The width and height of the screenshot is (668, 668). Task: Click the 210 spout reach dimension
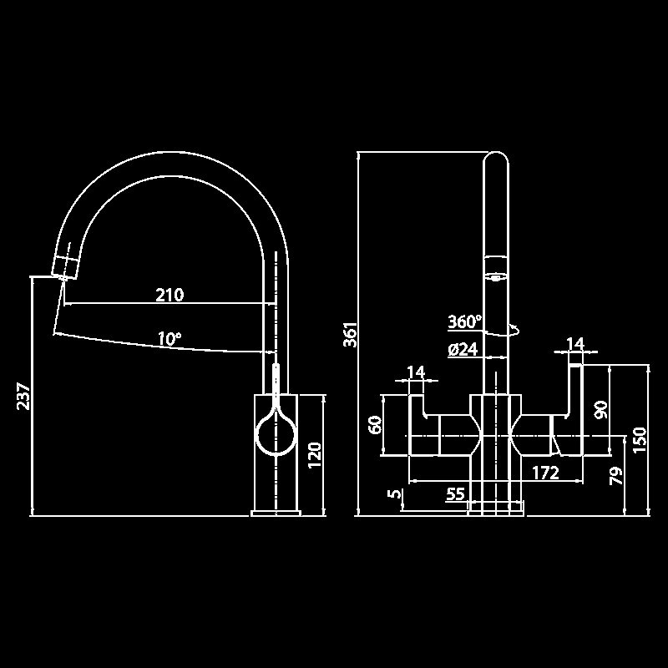pyautogui.click(x=170, y=294)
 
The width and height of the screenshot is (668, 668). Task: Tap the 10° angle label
pyautogui.click(x=170, y=339)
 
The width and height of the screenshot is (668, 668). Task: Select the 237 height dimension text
pyautogui.click(x=23, y=397)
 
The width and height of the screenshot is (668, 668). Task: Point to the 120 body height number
pyautogui.click(x=315, y=455)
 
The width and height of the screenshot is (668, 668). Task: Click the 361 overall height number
pyautogui.click(x=352, y=334)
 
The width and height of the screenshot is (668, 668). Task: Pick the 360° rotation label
pyautogui.click(x=465, y=321)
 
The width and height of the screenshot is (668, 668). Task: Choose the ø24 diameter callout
pyautogui.click(x=463, y=350)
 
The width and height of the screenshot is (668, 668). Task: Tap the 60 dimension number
pyautogui.click(x=376, y=425)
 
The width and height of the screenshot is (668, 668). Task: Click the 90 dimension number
pyautogui.click(x=600, y=409)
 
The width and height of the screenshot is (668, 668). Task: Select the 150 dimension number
pyautogui.click(x=640, y=440)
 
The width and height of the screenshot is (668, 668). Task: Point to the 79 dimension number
pyautogui.click(x=616, y=477)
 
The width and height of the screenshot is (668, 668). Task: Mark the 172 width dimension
pyautogui.click(x=545, y=473)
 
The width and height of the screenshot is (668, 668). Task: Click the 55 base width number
pyautogui.click(x=455, y=494)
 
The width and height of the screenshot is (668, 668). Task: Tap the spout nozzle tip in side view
pyautogui.click(x=67, y=266)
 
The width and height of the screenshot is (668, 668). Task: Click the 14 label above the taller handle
pyautogui.click(x=574, y=343)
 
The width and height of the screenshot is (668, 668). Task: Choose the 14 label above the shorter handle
pyautogui.click(x=416, y=372)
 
